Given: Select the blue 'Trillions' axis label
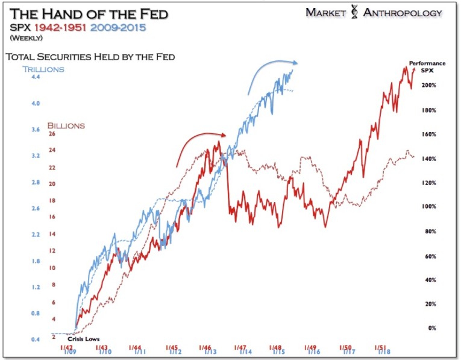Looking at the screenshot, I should point(43,69).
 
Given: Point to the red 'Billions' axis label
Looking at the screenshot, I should point(66,125).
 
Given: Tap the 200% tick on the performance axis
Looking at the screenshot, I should point(428,86).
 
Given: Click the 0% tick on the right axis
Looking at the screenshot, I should point(431,328).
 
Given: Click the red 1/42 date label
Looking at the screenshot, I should point(66,347).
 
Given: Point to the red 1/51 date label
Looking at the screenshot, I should point(380,347).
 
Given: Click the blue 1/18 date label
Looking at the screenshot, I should point(384,352).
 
